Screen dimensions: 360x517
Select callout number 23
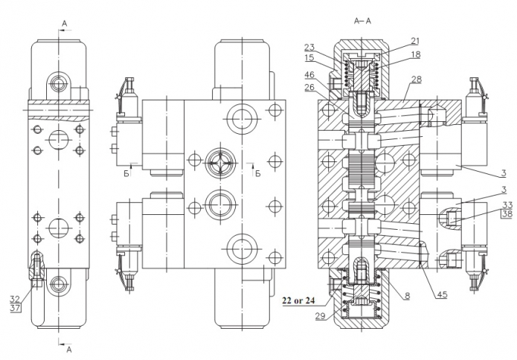[309, 48]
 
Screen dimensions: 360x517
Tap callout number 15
[309, 57]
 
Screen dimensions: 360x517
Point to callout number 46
[309, 75]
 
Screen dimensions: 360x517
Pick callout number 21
[415, 41]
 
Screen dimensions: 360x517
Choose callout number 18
[415, 54]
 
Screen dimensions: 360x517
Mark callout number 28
[415, 78]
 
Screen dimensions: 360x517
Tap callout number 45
[442, 295]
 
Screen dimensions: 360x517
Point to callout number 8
[407, 295]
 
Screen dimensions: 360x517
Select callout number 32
[15, 298]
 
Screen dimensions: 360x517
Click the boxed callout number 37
[15, 308]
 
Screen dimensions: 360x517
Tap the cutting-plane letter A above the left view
[64, 24]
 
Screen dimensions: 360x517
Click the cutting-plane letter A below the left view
[69, 348]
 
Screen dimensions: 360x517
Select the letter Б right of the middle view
[257, 174]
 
